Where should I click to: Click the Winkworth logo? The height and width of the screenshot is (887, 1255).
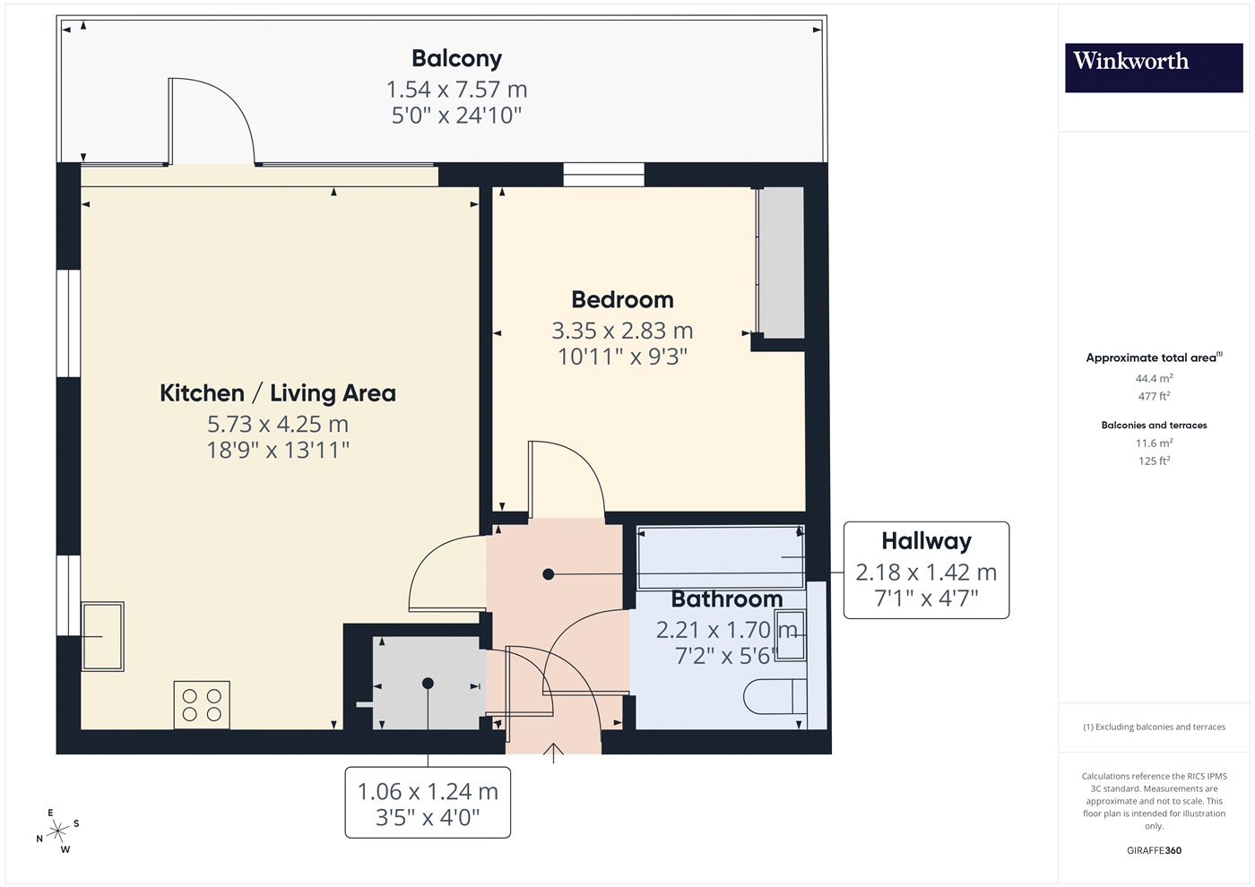1154,67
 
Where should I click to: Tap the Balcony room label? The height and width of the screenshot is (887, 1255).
456,59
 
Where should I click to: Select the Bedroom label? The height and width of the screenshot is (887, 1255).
622,299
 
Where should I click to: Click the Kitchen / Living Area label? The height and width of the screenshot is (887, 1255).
278,393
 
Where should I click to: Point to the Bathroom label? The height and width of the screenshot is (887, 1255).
727,599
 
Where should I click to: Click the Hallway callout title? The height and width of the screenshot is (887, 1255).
927,541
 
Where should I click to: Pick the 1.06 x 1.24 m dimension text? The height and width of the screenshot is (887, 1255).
428,791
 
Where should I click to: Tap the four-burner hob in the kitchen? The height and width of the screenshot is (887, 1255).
202,705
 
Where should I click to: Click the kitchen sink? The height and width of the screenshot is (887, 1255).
103,636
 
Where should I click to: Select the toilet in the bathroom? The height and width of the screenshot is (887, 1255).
775,696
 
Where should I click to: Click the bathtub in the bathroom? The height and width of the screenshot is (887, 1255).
721,557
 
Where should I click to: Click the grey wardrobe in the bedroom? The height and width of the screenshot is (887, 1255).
781,263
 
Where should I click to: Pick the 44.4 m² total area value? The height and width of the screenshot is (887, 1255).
1155,378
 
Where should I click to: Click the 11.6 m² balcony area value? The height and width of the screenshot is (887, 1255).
1155,443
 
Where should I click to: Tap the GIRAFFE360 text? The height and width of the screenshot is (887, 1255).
1155,850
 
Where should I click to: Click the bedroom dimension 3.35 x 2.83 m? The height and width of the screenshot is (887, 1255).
622,331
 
